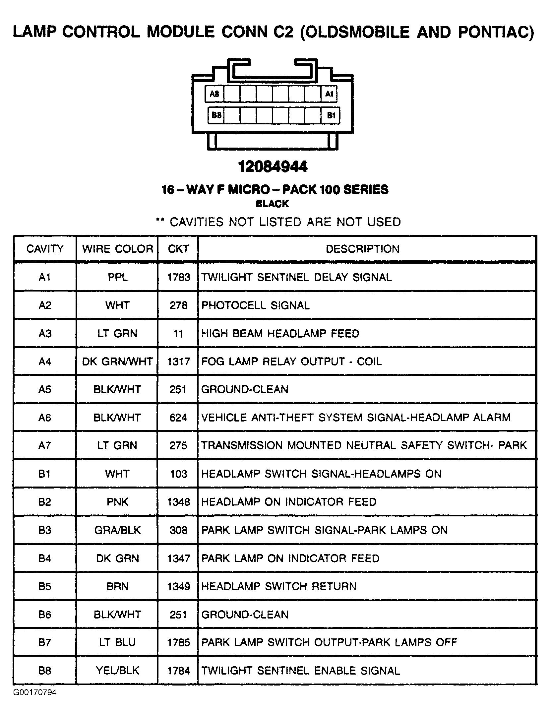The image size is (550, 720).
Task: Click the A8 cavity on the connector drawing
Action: pyautogui.click(x=214, y=94)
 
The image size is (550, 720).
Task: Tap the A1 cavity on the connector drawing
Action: pyautogui.click(x=329, y=94)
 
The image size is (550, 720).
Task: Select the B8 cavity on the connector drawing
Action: pyautogui.click(x=216, y=115)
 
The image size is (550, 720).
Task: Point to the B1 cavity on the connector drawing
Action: pyautogui.click(x=331, y=115)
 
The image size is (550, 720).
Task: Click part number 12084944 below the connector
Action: pyautogui.click(x=273, y=166)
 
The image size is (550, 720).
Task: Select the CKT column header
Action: pyautogui.click(x=178, y=249)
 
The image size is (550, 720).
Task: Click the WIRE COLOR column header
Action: pyautogui.click(x=117, y=249)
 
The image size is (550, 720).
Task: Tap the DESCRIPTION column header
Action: pyautogui.click(x=363, y=249)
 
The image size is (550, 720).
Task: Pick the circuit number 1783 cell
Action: pyautogui.click(x=178, y=277)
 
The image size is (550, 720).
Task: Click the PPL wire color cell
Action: pyautogui.click(x=117, y=277)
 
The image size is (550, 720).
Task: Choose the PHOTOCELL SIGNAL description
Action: pyautogui.click(x=255, y=305)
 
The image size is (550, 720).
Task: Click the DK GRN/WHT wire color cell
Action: pyautogui.click(x=117, y=361)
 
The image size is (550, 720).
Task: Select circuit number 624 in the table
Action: pyautogui.click(x=178, y=417)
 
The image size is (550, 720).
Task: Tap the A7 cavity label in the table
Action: pyautogui.click(x=45, y=445)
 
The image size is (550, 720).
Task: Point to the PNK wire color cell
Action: pyautogui.click(x=117, y=501)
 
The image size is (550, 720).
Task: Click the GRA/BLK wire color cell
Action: pyautogui.click(x=117, y=530)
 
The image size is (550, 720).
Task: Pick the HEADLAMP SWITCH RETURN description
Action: pyautogui.click(x=279, y=586)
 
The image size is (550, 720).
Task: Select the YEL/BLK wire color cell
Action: pyautogui.click(x=117, y=670)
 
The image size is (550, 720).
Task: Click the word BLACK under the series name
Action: pyautogui.click(x=272, y=204)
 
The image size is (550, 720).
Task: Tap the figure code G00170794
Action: pyautogui.click(x=35, y=692)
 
